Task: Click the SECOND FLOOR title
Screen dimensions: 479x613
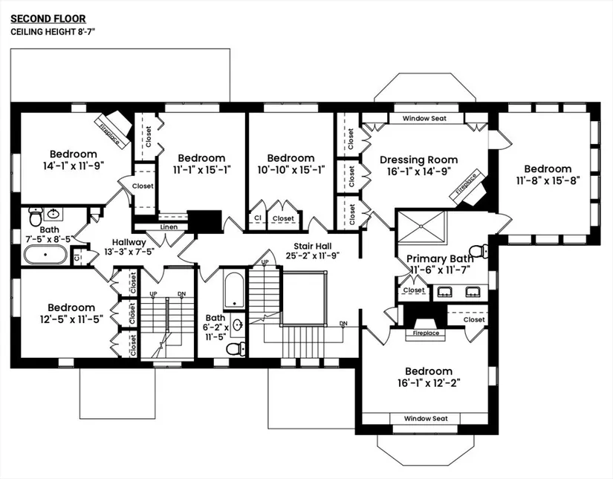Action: tap(48, 18)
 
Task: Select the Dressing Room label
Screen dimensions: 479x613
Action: tap(418, 160)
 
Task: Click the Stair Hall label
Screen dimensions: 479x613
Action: tap(313, 246)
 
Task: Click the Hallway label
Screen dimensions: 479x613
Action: tap(129, 242)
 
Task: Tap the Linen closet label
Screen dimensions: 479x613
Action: tap(169, 227)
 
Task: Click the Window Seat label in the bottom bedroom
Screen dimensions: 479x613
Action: tap(426, 419)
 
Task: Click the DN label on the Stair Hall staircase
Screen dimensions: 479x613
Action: tap(343, 323)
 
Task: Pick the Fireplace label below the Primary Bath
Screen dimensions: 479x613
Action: tap(426, 333)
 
